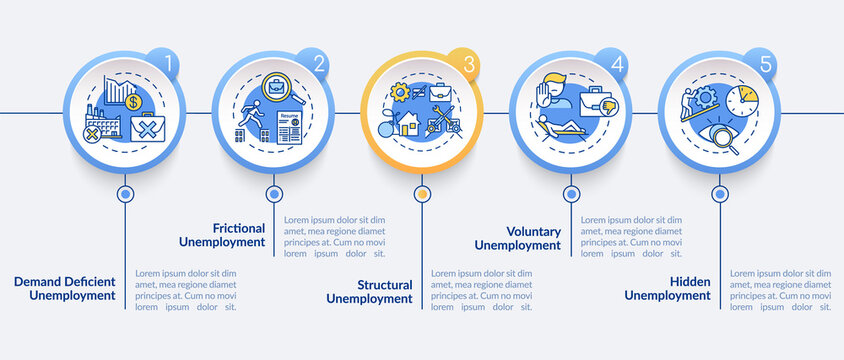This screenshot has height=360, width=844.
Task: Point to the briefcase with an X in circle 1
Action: (145, 127)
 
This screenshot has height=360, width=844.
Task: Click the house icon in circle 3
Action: (409, 124)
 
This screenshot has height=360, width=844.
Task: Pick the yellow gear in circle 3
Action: (399, 92)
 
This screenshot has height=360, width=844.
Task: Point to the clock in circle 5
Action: (742, 100)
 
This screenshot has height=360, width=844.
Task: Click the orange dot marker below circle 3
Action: (422, 194)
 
